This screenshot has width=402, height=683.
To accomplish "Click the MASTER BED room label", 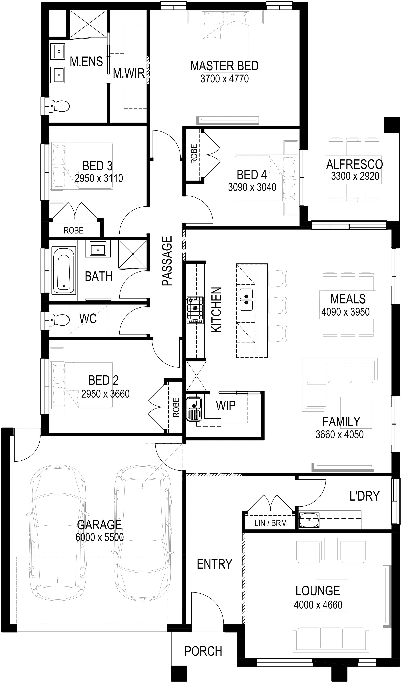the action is [224, 66].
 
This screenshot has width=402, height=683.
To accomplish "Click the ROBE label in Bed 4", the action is [194, 154].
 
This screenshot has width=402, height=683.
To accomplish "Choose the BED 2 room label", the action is [104, 380].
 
